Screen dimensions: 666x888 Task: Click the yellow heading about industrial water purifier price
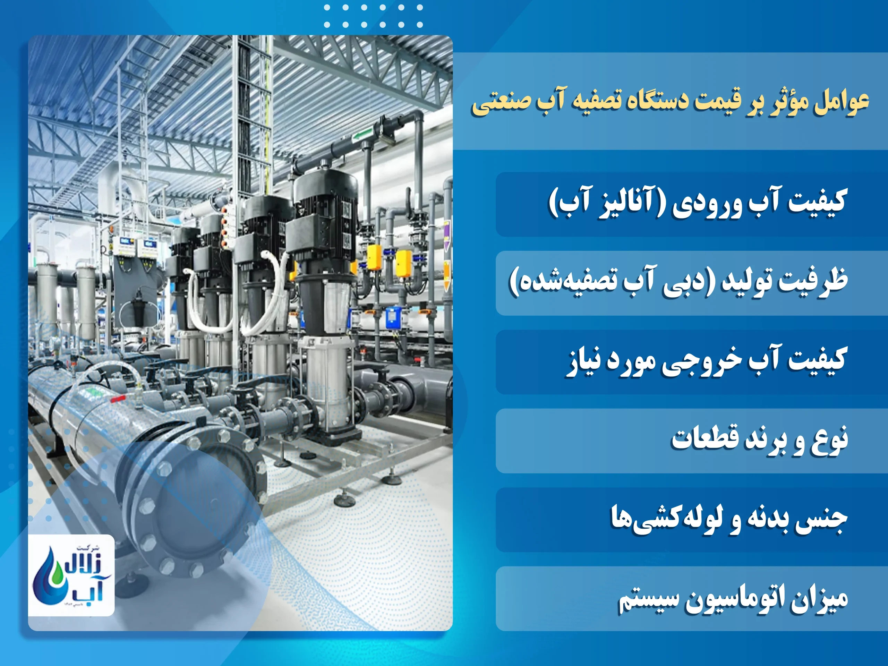671,102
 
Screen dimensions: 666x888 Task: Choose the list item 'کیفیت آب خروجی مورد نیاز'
707,361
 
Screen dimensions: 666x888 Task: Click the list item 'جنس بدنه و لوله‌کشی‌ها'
729,519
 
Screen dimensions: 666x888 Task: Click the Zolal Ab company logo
71,575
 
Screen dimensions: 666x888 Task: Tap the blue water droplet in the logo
48,578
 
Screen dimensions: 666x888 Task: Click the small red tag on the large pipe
118,399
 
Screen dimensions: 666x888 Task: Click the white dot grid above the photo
373,16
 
